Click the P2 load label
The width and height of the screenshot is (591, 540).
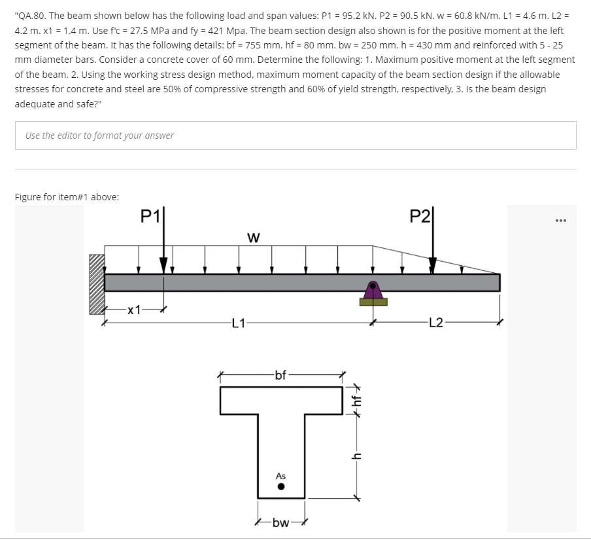tap(420, 216)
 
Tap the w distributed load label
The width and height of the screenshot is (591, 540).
tap(254, 238)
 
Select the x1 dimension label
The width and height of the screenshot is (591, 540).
tap(134, 310)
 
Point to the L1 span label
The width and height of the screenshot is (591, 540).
tap(239, 323)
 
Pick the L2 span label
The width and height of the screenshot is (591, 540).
tap(436, 323)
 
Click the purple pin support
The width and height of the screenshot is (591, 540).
tap(373, 290)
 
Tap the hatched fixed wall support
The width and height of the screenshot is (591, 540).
tap(97, 284)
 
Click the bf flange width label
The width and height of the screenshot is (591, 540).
tap(281, 375)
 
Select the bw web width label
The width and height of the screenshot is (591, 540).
tap(281, 522)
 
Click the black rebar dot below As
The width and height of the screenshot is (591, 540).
tap(281, 487)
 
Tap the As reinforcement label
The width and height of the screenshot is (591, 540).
tap(281, 476)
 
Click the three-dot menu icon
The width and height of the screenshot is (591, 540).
tap(560, 221)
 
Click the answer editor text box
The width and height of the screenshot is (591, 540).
tap(295, 135)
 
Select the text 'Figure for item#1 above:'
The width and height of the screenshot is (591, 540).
tap(67, 197)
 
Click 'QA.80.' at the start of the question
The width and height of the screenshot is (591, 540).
tap(31, 16)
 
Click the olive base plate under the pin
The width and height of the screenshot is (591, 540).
tap(373, 302)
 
